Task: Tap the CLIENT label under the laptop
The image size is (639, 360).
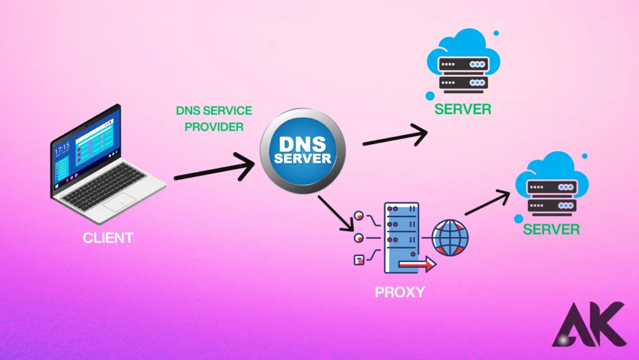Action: click(108, 238)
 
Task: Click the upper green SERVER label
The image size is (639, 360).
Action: click(463, 110)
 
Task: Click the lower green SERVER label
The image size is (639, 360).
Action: click(551, 230)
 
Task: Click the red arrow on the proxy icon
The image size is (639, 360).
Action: click(419, 266)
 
